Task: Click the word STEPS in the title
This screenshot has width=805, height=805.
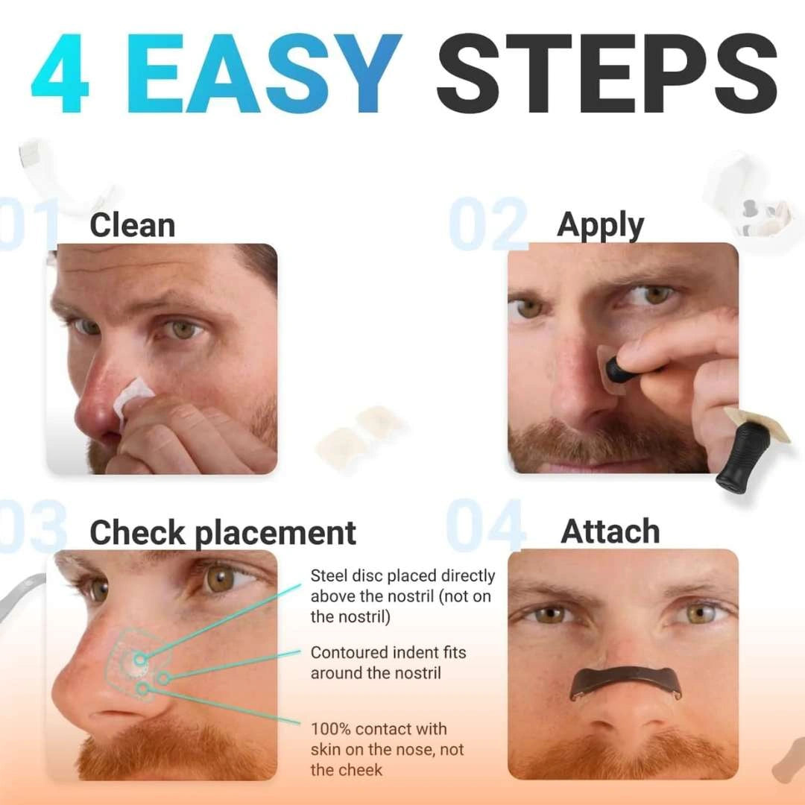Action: (x=607, y=72)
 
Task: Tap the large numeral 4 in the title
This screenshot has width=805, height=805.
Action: (x=60, y=73)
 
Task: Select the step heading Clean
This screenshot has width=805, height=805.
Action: (x=133, y=225)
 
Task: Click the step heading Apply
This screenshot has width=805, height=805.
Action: (x=600, y=225)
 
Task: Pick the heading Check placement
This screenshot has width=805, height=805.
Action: (x=223, y=533)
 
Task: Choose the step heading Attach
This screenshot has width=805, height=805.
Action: (x=610, y=531)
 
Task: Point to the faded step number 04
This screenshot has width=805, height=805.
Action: (x=486, y=525)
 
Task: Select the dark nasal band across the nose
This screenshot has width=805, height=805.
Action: (x=626, y=681)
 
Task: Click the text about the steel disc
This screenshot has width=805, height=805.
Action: (x=402, y=596)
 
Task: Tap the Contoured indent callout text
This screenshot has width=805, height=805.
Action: (x=388, y=663)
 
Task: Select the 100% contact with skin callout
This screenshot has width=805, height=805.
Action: (x=387, y=749)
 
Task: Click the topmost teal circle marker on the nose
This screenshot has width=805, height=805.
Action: (x=139, y=659)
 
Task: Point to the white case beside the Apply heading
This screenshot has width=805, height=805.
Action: (x=754, y=203)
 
